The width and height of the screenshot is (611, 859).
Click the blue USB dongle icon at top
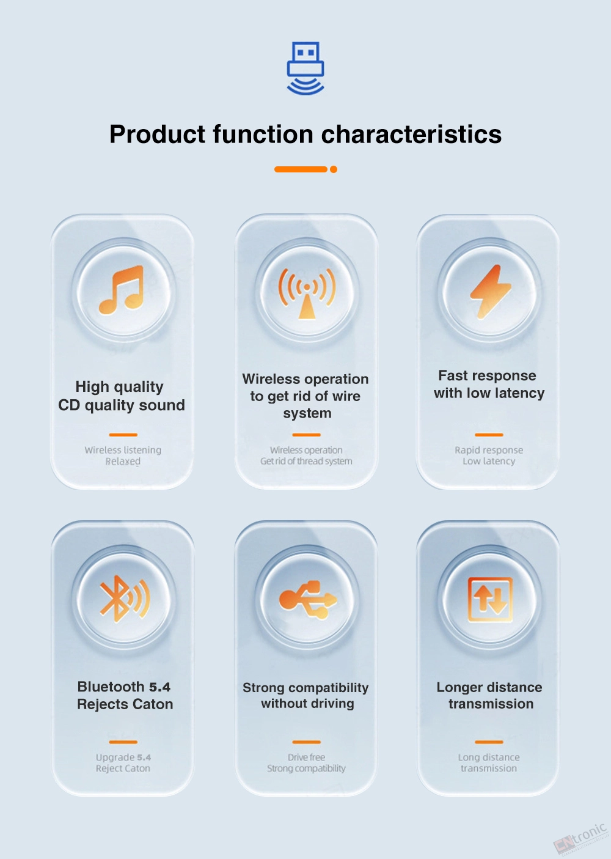(x=305, y=68)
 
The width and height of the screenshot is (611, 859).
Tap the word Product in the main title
(x=158, y=135)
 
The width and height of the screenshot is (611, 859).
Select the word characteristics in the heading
(x=411, y=134)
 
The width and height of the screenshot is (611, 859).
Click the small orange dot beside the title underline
(x=334, y=169)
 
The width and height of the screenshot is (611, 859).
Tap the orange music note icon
(x=122, y=290)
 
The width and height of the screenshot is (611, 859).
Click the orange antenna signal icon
(x=307, y=293)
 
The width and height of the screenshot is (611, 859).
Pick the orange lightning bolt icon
(x=490, y=292)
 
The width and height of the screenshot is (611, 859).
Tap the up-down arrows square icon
(x=490, y=599)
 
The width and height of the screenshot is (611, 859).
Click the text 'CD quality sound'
(x=122, y=405)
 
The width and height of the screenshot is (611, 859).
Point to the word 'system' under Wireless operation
(x=307, y=413)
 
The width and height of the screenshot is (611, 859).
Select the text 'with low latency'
(x=489, y=393)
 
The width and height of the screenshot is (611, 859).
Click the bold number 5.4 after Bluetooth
(x=159, y=687)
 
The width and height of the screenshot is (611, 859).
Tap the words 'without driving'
(x=307, y=703)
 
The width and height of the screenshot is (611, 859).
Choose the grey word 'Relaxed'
(x=123, y=462)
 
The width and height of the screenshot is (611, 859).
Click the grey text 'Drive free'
(x=306, y=758)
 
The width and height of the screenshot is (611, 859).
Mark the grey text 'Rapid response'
(x=489, y=450)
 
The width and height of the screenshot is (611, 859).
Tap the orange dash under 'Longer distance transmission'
(x=489, y=742)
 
